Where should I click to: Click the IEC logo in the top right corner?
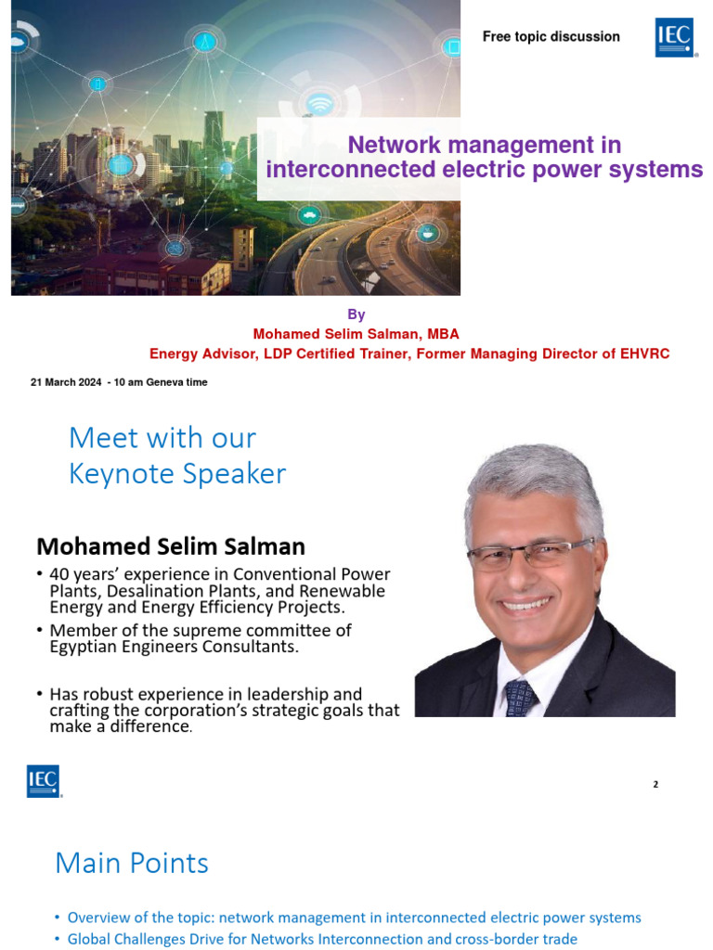tap(675, 37)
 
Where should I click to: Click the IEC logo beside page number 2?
tap(44, 781)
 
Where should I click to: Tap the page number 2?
tap(655, 785)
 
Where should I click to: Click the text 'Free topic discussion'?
tap(551, 37)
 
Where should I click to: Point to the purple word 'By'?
tap(356, 315)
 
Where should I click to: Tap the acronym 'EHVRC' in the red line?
tap(642, 353)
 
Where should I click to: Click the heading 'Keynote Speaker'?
tap(177, 474)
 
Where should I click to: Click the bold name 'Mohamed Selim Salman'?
tap(171, 546)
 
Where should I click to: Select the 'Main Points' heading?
tap(132, 863)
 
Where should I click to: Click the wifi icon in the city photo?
tap(320, 103)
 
